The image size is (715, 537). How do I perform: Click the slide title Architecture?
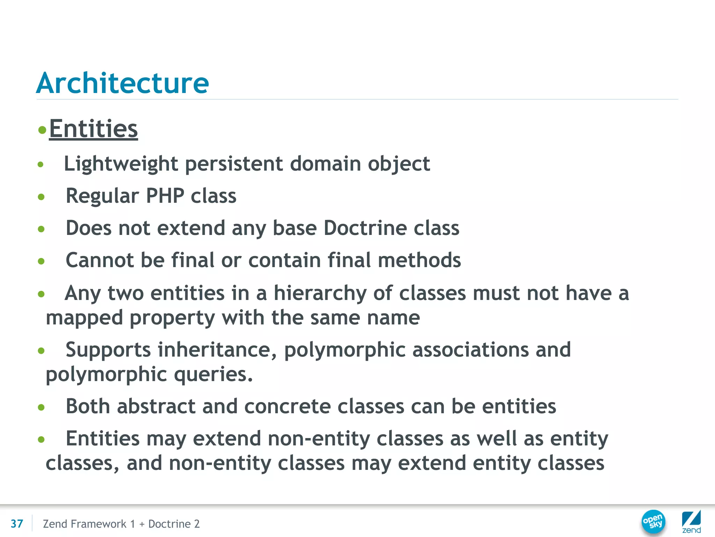pos(122,83)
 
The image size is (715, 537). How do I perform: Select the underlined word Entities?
pos(93,129)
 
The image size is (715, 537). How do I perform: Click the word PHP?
pos(165,195)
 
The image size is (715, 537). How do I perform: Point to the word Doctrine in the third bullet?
pos(365,228)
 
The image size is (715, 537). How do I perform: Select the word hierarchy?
pos(320,293)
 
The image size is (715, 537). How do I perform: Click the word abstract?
pos(156,406)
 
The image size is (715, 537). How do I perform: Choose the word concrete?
pos(287,406)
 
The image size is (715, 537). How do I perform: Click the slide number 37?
pos(17,524)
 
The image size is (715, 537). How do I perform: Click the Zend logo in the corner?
pos(691,521)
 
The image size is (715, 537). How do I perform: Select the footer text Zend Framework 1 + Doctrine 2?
pos(121,524)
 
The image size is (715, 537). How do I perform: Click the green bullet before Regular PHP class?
pos(41,197)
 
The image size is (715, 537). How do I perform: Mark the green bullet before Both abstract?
pos(41,407)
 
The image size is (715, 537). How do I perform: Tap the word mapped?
pos(84,318)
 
